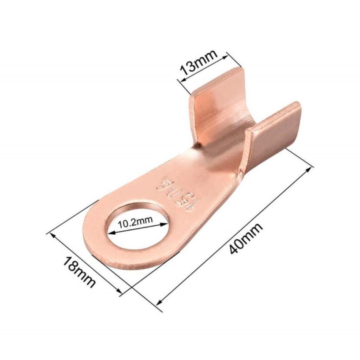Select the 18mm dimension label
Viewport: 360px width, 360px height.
pyautogui.click(x=79, y=272)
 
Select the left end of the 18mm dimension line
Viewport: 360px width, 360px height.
pyautogui.click(x=50, y=233)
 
